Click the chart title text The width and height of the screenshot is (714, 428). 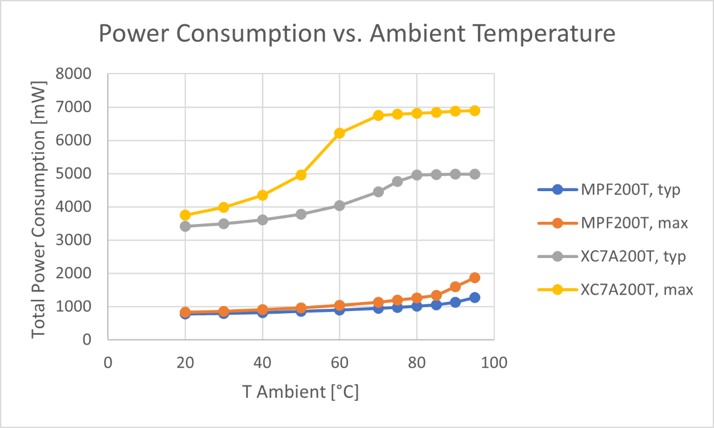[357, 35]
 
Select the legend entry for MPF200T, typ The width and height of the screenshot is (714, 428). [630, 190]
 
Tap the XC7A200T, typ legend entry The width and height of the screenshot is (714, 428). [634, 256]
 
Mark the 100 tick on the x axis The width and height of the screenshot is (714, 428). [494, 363]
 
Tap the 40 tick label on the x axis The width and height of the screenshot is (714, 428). [262, 363]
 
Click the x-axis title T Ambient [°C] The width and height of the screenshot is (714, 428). [301, 392]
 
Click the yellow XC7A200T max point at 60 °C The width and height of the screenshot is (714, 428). [340, 133]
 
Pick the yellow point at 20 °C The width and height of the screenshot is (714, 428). [185, 215]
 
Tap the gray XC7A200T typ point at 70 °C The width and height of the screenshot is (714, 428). [378, 192]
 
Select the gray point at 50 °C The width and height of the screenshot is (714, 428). [301, 214]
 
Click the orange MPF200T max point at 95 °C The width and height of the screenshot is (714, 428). [475, 278]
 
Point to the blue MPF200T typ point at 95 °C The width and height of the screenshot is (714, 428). [475, 298]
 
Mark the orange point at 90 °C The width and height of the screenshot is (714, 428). [455, 286]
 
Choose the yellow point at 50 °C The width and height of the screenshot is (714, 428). [301, 175]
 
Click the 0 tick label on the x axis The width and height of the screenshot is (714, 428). [108, 363]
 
